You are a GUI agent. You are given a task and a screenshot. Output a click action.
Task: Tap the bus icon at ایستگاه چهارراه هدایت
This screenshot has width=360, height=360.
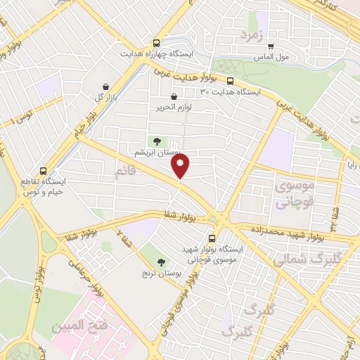155,42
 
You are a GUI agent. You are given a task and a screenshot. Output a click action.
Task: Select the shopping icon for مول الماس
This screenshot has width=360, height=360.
271,46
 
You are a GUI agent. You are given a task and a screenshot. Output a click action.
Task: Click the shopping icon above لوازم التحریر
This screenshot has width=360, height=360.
174,97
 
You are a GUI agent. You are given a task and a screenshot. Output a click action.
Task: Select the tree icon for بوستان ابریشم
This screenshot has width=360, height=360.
156,141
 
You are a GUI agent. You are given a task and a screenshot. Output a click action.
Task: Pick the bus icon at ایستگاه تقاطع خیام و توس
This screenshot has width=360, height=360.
44,171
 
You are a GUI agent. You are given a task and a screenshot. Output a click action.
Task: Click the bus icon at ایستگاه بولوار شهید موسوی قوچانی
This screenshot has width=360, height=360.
212,238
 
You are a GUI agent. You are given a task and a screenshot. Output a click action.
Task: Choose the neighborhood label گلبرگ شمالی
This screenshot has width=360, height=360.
314,258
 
